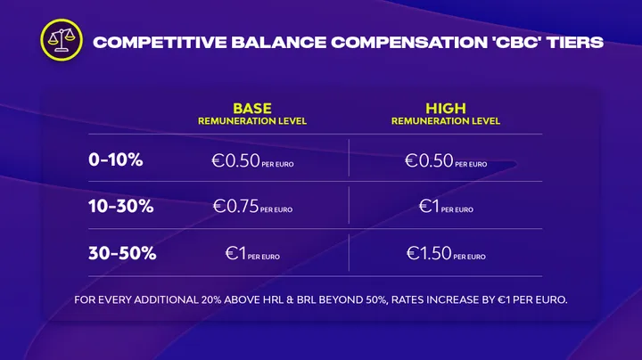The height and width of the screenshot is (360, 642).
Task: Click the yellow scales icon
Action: click(62, 40)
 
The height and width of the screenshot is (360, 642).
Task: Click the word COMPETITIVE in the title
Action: click(160, 43)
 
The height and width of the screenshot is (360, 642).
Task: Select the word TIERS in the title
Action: click(576, 43)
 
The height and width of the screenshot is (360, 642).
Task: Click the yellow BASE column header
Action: click(252, 109)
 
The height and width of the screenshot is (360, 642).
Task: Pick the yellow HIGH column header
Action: click(446, 109)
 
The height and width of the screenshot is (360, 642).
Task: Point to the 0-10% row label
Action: click(115, 160)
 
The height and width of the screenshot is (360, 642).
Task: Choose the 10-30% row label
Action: click(120, 206)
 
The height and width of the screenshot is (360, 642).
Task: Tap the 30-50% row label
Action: click(122, 253)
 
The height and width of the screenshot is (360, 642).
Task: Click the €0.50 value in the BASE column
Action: click(235, 160)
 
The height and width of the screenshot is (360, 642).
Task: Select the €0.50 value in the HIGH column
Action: click(429, 160)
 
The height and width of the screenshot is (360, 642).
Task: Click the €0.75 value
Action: click(235, 206)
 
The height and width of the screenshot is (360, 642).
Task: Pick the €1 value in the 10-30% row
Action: click(429, 206)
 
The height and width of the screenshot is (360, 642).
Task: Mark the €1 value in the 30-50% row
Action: click(235, 253)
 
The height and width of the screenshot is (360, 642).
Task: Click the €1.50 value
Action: click(429, 253)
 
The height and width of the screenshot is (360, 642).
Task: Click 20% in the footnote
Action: click(210, 300)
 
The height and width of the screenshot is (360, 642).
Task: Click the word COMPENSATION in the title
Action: click(409, 43)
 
